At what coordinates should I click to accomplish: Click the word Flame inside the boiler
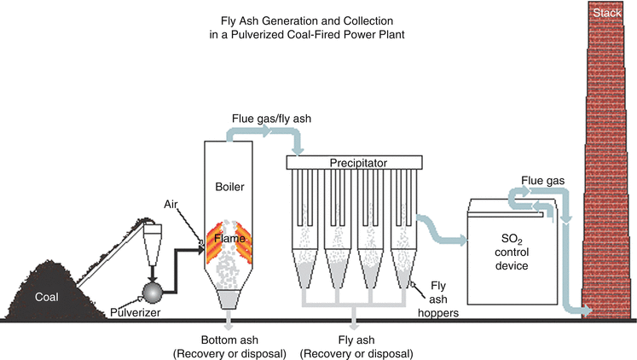coord(230,240)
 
